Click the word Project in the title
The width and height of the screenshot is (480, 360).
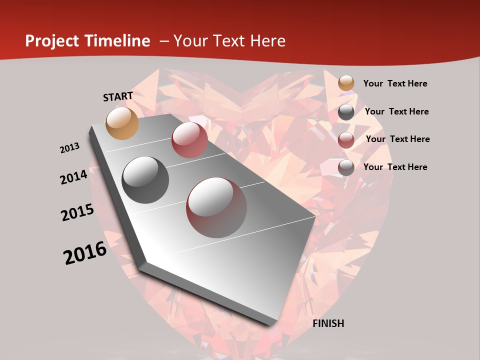pyautogui.click(x=52, y=41)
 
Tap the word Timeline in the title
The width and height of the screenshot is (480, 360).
pyautogui.click(x=117, y=41)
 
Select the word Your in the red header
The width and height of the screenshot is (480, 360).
pyautogui.click(x=190, y=41)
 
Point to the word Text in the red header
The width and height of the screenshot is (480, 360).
pyautogui.click(x=228, y=41)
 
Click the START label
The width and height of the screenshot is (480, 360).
pyautogui.click(x=118, y=96)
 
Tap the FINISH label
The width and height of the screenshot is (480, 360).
pyautogui.click(x=328, y=323)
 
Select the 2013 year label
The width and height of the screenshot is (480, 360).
pyautogui.click(x=69, y=148)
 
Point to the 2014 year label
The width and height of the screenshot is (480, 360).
pyautogui.click(x=73, y=177)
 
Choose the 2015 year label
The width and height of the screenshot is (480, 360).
pyautogui.click(x=77, y=212)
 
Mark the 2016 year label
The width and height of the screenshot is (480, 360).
pyautogui.click(x=85, y=253)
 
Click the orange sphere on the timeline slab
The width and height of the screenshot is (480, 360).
pyautogui.click(x=122, y=123)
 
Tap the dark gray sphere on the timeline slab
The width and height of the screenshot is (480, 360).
pyautogui.click(x=145, y=179)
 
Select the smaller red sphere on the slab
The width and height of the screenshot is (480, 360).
pyautogui.click(x=189, y=139)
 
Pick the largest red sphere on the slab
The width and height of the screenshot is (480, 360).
pyautogui.click(x=216, y=207)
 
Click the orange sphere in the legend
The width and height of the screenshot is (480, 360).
pyautogui.click(x=346, y=83)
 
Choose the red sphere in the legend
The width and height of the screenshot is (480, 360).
pyautogui.click(x=346, y=140)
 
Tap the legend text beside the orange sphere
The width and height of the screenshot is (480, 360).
pyautogui.click(x=395, y=83)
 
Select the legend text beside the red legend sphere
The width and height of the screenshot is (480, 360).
pyautogui.click(x=397, y=139)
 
